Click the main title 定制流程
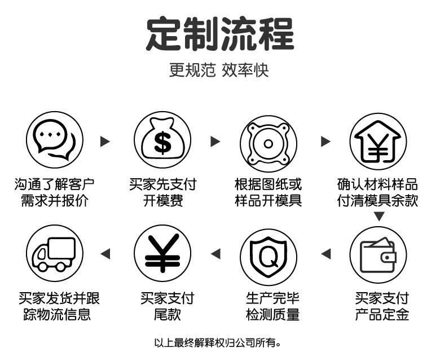click(x=220, y=34)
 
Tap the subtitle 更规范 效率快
click(x=219, y=71)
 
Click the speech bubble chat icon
click(x=55, y=139)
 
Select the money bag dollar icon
click(x=162, y=139)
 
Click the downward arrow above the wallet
click(x=379, y=217)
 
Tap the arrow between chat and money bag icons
click(x=105, y=141)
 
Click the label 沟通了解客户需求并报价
click(x=55, y=192)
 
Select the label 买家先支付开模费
click(x=162, y=192)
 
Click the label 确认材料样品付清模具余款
click(x=378, y=192)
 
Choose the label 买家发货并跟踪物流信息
click(x=55, y=306)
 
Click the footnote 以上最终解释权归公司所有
click(x=217, y=342)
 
